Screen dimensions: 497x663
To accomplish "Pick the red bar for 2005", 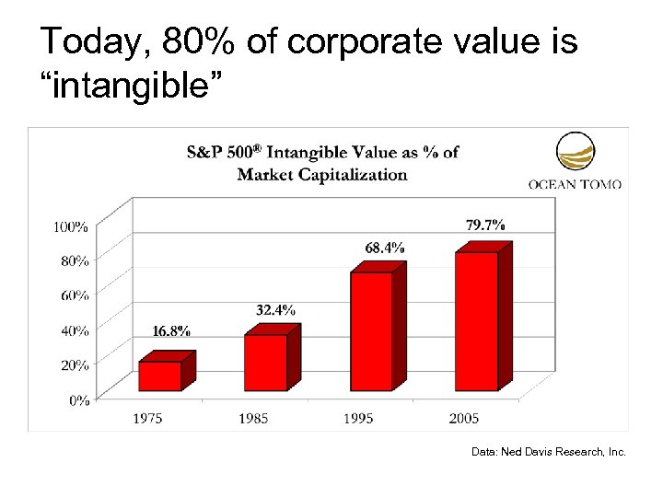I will pyautogui.click(x=476, y=319).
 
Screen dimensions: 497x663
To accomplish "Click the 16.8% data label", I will pyautogui.click(x=171, y=331).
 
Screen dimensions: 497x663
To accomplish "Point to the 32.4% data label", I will pyautogui.click(x=275, y=310).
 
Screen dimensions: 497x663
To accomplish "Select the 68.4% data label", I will pyautogui.click(x=384, y=248).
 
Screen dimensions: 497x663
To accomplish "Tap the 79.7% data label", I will pyautogui.click(x=484, y=225).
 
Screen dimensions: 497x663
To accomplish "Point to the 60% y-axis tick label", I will pyautogui.click(x=75, y=295).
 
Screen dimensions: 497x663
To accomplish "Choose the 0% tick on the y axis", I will pyautogui.click(x=78, y=400).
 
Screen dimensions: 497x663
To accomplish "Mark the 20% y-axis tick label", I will pyautogui.click(x=75, y=365).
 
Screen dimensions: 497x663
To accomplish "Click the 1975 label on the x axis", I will pyautogui.click(x=147, y=419).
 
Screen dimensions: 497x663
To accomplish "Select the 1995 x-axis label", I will pyautogui.click(x=358, y=419).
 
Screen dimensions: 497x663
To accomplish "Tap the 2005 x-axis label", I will pyautogui.click(x=464, y=419).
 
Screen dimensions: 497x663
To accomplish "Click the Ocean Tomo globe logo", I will pyautogui.click(x=575, y=153).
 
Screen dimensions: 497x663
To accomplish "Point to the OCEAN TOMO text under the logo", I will pyautogui.click(x=575, y=183).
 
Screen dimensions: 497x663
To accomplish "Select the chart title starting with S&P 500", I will pyautogui.click(x=323, y=163).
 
